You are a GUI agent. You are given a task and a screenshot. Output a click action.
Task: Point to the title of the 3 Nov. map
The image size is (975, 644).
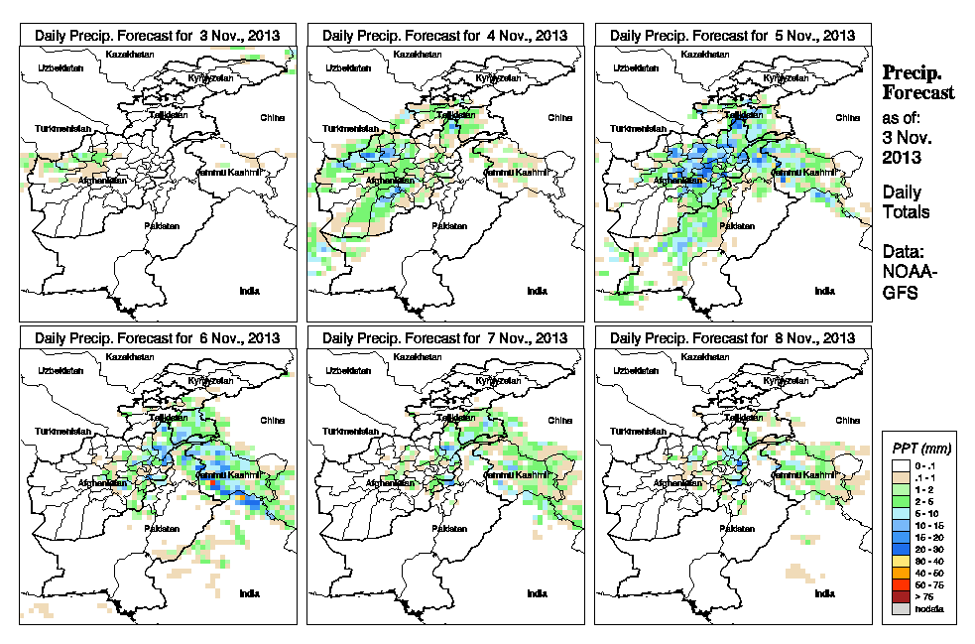158,35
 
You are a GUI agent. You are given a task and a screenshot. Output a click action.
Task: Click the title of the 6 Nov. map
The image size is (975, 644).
158,337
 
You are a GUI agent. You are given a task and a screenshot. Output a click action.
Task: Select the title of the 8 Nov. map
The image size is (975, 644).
733,337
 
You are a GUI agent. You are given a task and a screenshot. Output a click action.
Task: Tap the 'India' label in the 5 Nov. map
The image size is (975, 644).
824,291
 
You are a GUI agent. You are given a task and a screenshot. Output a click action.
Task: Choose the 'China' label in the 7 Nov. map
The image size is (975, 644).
558,420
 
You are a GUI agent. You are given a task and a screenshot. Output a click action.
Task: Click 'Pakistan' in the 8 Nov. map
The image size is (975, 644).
737,529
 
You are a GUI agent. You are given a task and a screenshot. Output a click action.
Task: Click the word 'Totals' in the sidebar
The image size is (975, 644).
907,212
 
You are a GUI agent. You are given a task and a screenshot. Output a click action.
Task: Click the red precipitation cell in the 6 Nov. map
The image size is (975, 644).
213,483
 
